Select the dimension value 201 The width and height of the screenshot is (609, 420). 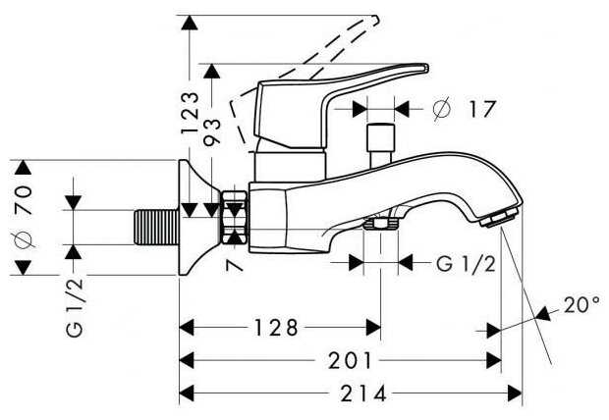point(341,361)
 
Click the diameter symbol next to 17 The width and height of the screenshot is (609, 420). point(441,109)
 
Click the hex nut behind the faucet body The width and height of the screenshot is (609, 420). point(235,218)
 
